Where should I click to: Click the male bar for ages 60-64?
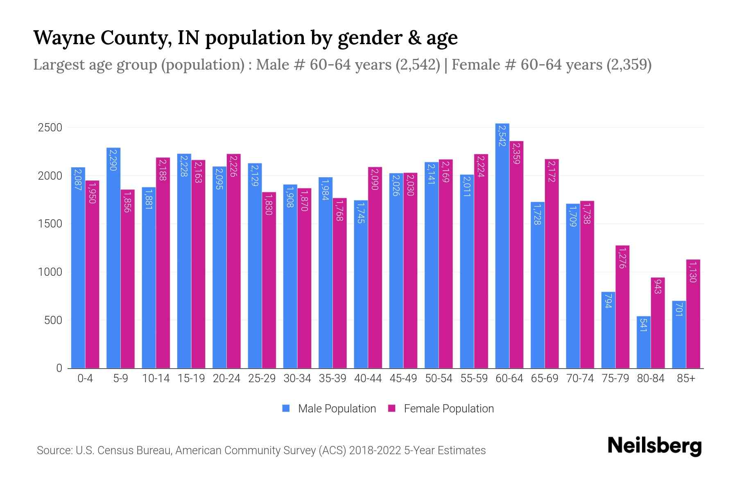[502, 245]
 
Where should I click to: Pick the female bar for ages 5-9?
[127, 279]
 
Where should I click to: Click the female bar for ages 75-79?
[622, 307]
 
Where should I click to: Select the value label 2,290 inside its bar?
[113, 160]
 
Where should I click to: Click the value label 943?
[658, 286]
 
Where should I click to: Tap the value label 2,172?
[552, 171]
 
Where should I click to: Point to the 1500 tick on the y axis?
[50, 224]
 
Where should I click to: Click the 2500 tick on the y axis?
[50, 128]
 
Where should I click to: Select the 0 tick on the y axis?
[59, 368]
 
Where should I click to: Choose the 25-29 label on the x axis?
[262, 378]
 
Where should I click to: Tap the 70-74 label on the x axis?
[580, 378]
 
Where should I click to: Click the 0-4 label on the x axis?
[85, 378]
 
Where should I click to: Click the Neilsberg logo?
[654, 446]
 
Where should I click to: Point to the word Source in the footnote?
[53, 450]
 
